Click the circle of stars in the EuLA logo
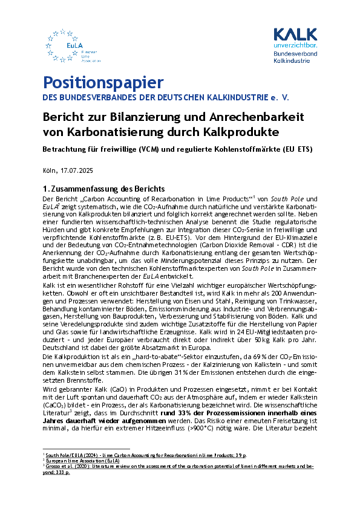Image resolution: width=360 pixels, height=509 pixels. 61,44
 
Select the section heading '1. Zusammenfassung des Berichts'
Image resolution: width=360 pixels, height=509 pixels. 105,189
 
